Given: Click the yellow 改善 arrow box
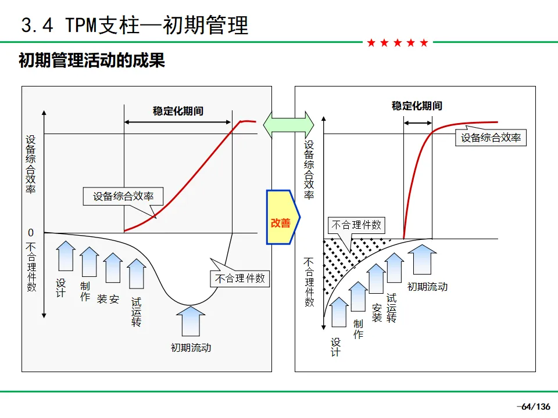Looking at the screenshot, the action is tap(283, 217).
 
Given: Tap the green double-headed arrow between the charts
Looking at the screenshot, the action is tap(289, 125).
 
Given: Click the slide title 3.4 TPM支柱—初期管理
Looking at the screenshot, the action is tap(134, 25).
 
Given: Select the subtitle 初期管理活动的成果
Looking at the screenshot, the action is tap(92, 60).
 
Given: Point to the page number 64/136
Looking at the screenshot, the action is tap(535, 406).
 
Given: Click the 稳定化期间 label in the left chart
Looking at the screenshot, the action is tap(178, 111).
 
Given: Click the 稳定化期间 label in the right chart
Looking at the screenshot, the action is tap(417, 106).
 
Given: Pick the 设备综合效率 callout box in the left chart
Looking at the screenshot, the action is tap(123, 196).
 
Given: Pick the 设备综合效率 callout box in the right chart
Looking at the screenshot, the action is tap(491, 138).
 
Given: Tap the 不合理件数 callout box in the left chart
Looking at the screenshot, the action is tap(240, 278).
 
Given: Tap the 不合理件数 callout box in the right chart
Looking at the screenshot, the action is tap(356, 225).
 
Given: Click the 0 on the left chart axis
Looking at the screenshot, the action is tap(31, 233).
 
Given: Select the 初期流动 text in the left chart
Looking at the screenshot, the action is tap(191, 348).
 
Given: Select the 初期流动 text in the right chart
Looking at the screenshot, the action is tap(427, 287).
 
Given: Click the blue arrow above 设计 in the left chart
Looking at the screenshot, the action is tap(66, 256).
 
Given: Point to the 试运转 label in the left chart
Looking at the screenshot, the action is tap(136, 312).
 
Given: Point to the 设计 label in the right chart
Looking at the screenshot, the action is tap(335, 347).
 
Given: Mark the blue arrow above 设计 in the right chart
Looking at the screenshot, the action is tap(339, 312).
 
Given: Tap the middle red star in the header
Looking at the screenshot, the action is tap(398, 43).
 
